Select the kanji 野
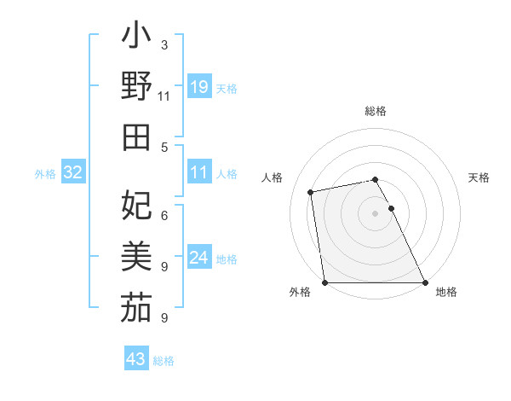pyautogui.click(x=136, y=89)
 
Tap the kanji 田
pyautogui.click(x=136, y=137)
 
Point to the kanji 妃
pyautogui.click(x=136, y=205)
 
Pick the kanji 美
pyautogui.click(x=136, y=255)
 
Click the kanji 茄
pyautogui.click(x=136, y=306)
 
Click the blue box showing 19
pyautogui.click(x=198, y=86)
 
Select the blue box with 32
pyautogui.click(x=73, y=173)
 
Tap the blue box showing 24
pyautogui.click(x=198, y=258)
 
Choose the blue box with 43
pyautogui.click(x=136, y=359)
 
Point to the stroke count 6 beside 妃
pyautogui.click(x=164, y=215)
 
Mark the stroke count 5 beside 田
pyautogui.click(x=164, y=147)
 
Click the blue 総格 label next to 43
pyautogui.click(x=164, y=361)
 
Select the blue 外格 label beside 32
pyautogui.click(x=46, y=174)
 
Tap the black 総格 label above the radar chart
pyautogui.click(x=375, y=111)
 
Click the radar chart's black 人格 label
pyautogui.click(x=273, y=177)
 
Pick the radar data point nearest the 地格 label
pyautogui.click(x=425, y=282)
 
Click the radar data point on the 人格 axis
pyautogui.click(x=312, y=192)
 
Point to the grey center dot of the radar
pyautogui.click(x=375, y=213)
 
